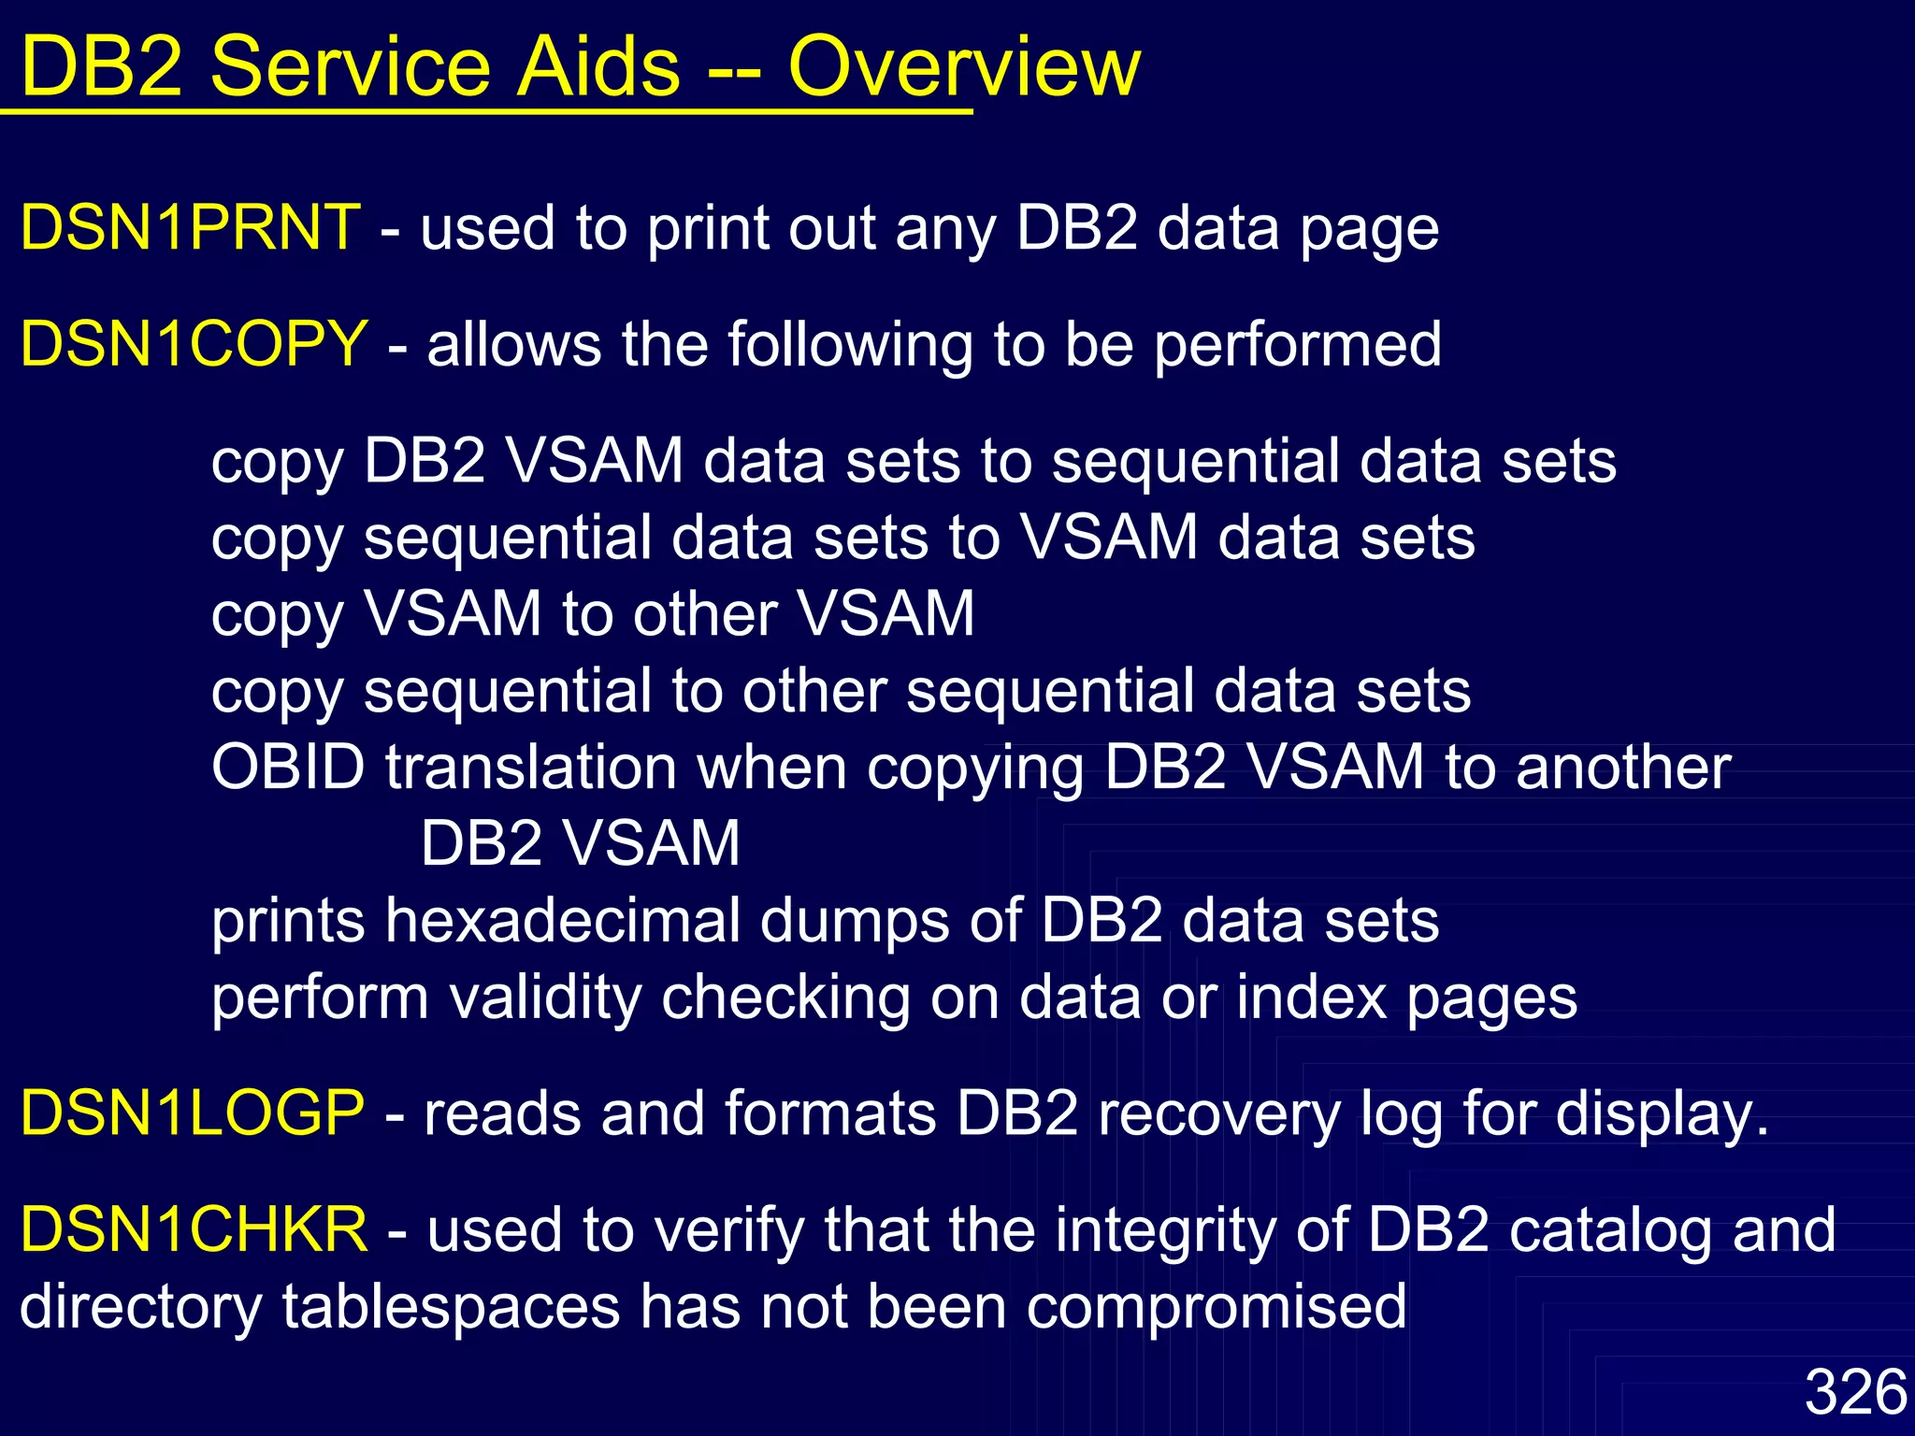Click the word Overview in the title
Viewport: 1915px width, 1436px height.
click(x=963, y=66)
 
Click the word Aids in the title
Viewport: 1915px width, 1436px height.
click(x=598, y=66)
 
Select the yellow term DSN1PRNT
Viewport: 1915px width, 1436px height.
click(x=190, y=227)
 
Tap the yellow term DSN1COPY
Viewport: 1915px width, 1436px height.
click(x=194, y=343)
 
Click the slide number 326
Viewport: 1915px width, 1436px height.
click(x=1855, y=1392)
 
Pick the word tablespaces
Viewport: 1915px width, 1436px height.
click(x=451, y=1306)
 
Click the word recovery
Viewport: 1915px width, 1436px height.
click(x=1219, y=1114)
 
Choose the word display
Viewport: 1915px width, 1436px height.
click(x=1662, y=1114)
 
